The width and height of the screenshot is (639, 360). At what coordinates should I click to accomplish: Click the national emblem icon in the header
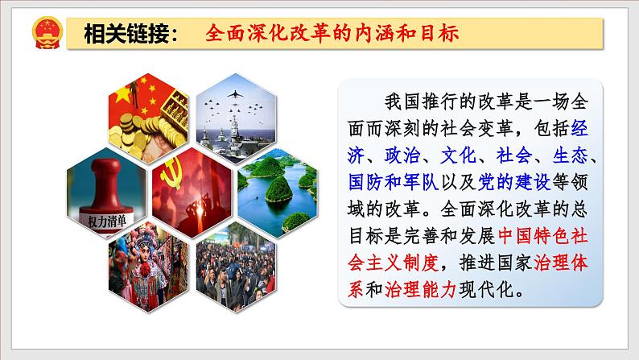(47, 32)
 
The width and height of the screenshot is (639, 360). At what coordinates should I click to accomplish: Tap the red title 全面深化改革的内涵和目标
(332, 33)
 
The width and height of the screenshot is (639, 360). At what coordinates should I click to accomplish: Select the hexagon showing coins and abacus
(149, 118)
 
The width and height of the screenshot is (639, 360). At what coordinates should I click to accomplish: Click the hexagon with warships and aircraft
(236, 118)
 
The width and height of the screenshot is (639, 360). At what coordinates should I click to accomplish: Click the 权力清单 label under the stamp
(107, 221)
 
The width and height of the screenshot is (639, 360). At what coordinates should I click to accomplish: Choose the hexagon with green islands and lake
(278, 192)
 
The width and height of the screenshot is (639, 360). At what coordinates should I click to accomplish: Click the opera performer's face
(143, 254)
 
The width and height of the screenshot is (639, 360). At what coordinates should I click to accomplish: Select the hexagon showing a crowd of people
(236, 267)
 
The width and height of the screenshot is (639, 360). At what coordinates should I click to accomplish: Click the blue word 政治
(402, 155)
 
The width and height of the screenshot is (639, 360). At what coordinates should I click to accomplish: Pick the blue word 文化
(459, 155)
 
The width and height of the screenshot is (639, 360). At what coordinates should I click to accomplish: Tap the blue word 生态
(571, 155)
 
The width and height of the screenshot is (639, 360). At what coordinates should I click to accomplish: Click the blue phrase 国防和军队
(394, 182)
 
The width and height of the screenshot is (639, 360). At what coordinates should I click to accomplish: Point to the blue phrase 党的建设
(514, 182)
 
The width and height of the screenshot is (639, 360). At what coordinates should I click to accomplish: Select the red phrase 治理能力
(420, 289)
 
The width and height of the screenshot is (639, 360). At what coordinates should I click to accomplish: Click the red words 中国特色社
(543, 236)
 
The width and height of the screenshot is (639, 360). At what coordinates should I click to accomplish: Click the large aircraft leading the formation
(235, 94)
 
